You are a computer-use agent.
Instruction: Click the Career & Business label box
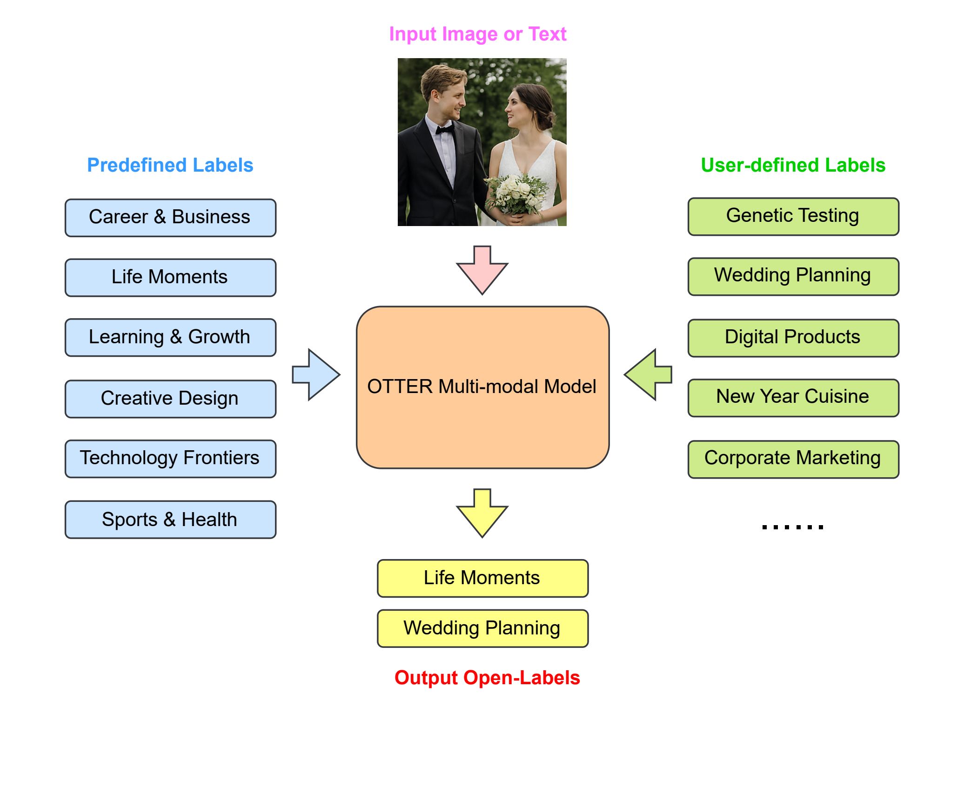tap(170, 218)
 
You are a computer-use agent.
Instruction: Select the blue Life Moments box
tap(170, 278)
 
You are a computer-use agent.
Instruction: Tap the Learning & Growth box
tap(170, 338)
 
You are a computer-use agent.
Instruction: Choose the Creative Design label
tap(170, 399)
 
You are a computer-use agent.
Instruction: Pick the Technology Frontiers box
tap(170, 459)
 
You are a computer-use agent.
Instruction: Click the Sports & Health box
tap(170, 520)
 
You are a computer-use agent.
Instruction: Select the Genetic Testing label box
tap(793, 217)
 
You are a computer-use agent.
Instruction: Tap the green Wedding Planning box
tap(793, 277)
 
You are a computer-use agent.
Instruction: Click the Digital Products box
tap(793, 338)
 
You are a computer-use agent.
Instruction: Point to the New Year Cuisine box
tap(793, 398)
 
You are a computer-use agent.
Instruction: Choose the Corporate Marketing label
tap(793, 460)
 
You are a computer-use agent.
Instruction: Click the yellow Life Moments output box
tap(482, 578)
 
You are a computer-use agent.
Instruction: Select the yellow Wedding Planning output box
tap(482, 628)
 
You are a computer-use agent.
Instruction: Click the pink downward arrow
tap(482, 270)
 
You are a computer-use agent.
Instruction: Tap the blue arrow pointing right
tap(316, 374)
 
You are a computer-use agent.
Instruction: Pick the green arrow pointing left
tap(648, 374)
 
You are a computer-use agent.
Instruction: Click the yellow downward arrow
tap(482, 513)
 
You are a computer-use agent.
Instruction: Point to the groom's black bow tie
tap(445, 129)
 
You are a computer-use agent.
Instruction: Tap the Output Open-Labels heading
tap(487, 678)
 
